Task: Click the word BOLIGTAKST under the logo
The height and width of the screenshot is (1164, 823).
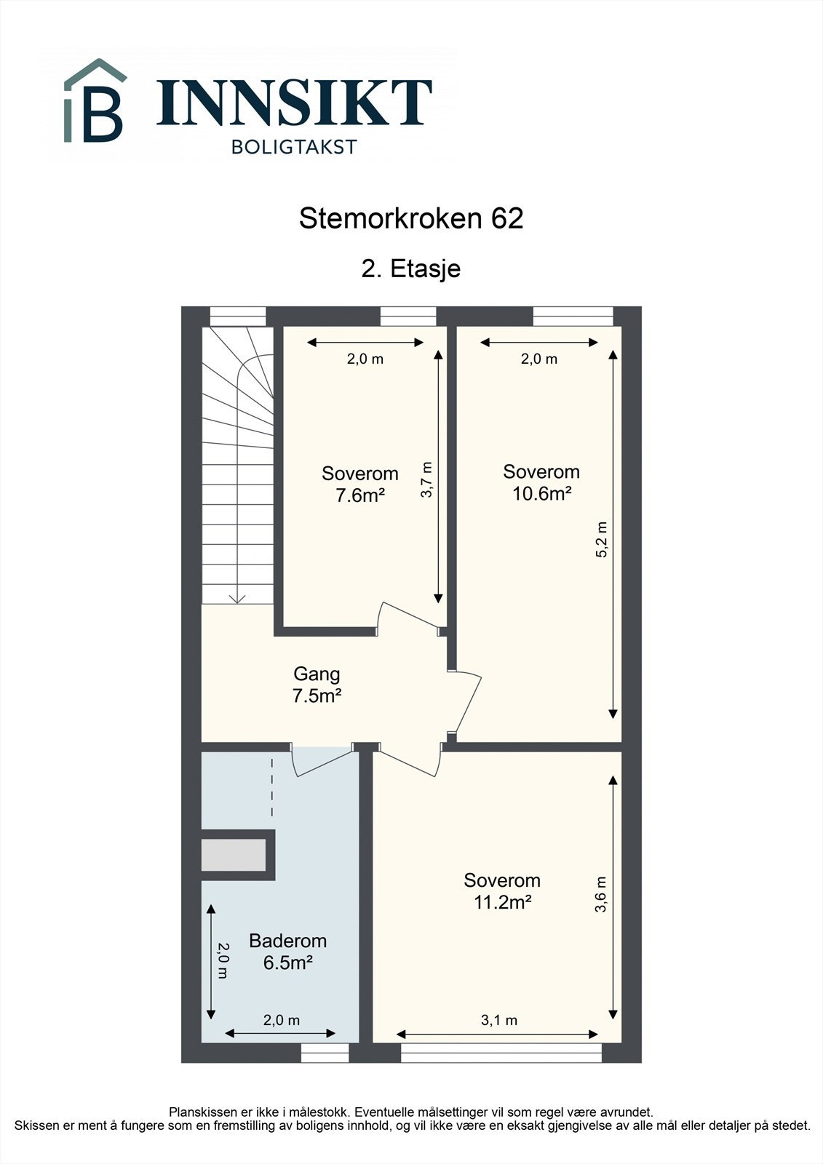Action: click(x=294, y=147)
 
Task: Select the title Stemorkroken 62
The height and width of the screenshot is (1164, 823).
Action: click(x=411, y=219)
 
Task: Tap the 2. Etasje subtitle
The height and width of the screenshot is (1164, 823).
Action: click(x=411, y=268)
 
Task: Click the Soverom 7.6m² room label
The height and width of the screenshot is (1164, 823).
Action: click(x=359, y=485)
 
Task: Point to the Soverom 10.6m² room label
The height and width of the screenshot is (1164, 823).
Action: click(x=541, y=482)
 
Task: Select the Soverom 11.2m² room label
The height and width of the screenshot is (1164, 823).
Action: click(x=502, y=891)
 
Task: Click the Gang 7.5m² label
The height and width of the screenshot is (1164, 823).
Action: click(x=317, y=685)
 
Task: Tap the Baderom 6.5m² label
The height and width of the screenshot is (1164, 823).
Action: click(x=287, y=952)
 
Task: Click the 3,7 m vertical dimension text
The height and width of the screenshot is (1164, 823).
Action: click(x=427, y=480)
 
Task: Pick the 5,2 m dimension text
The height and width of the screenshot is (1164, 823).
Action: click(x=602, y=540)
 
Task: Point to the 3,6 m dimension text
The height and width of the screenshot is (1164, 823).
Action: click(x=601, y=895)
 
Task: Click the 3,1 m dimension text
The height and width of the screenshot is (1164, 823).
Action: click(x=499, y=1020)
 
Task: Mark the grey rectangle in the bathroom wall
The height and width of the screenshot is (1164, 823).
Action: click(x=234, y=855)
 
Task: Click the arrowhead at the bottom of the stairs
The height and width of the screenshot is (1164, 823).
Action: click(x=237, y=599)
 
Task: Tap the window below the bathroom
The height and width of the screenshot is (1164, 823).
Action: click(x=325, y=1053)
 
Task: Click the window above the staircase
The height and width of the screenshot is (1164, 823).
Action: click(x=238, y=316)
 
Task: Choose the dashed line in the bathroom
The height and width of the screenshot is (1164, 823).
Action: click(x=272, y=788)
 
